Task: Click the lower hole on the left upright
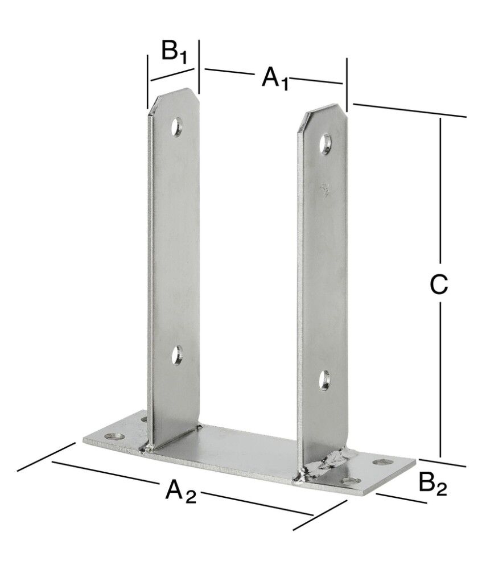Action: click(177, 356)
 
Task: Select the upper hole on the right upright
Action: click(326, 143)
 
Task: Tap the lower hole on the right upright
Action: click(324, 380)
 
